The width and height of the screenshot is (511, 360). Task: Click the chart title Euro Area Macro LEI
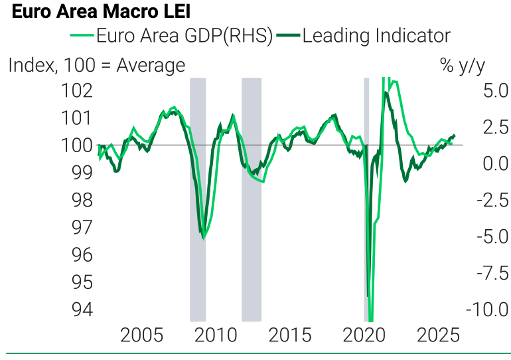102,12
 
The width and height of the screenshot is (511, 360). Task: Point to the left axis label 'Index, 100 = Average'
97,65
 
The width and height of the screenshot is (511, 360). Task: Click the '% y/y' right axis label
463,65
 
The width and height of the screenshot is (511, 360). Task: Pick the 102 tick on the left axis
77,90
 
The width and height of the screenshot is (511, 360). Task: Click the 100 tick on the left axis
77,145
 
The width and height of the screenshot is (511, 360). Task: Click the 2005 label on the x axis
141,334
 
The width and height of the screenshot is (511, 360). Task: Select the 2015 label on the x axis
290,334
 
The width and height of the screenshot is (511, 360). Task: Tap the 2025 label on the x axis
437,334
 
